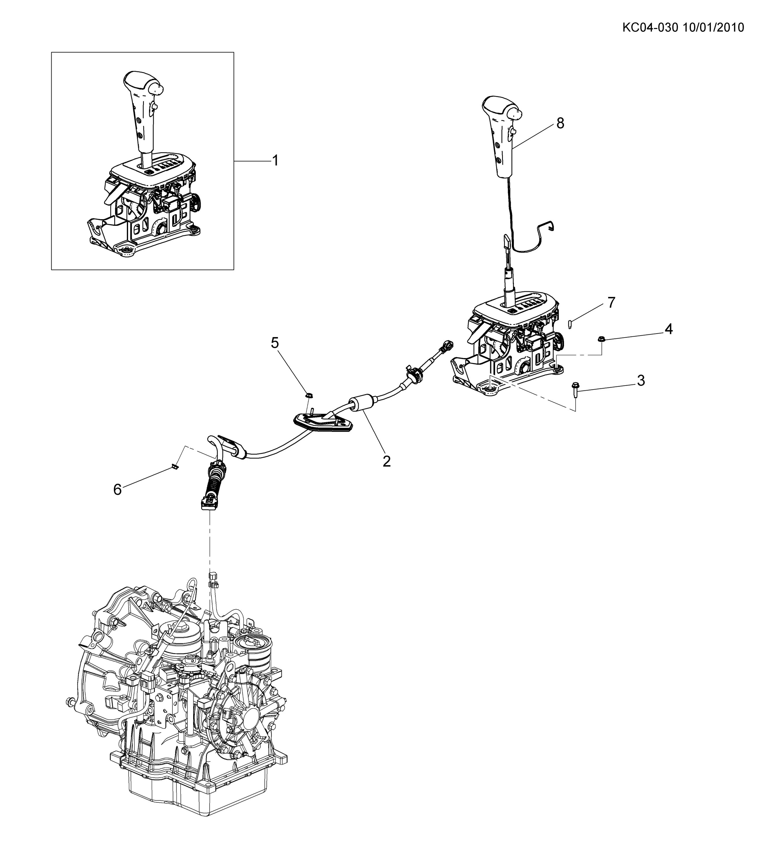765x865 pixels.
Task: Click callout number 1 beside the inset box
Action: [275, 161]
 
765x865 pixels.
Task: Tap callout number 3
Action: [641, 381]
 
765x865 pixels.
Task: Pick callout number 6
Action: [117, 490]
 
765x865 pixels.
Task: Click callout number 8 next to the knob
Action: [560, 124]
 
